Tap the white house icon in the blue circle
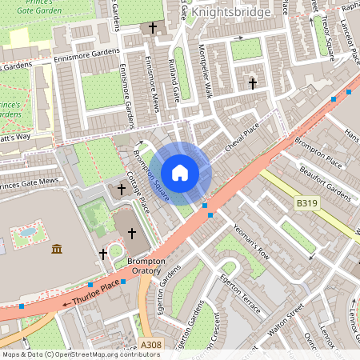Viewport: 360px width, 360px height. pos(180,172)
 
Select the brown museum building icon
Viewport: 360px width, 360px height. pos(57,250)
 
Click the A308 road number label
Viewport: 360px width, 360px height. pos(150,345)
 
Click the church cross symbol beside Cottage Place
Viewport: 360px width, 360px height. pos(122,190)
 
